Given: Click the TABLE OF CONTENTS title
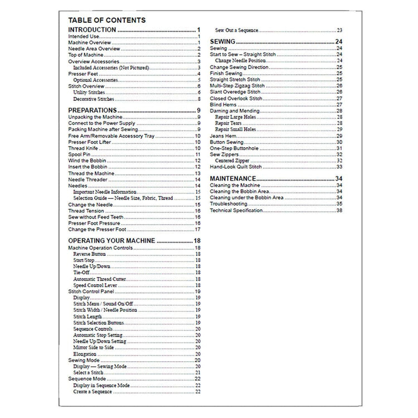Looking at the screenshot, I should pyautogui.click(x=106, y=20).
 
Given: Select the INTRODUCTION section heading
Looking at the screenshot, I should pyautogui.click(x=92, y=30).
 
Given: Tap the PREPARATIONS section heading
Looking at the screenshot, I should pyautogui.click(x=92, y=110).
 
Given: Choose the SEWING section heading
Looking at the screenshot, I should pyautogui.click(x=222, y=42).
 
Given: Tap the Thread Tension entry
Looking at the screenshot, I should pyautogui.click(x=84, y=211).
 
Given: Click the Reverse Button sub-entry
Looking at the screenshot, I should pyautogui.click(x=89, y=254).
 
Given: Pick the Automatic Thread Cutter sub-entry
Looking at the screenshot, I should pyautogui.click(x=100, y=279).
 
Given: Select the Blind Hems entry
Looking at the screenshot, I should pyautogui.click(x=222, y=104).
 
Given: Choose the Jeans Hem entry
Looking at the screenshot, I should pyautogui.click(x=221, y=135).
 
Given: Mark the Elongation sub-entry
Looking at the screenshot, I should pyautogui.click(x=85, y=353).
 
